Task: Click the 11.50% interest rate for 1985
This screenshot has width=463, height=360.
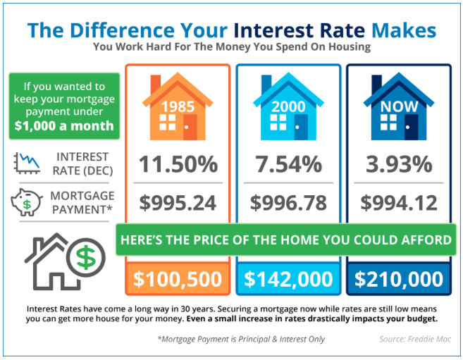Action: point(178,164)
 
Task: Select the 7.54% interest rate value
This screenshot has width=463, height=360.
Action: point(288,164)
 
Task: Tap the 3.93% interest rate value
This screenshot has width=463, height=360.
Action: point(399,164)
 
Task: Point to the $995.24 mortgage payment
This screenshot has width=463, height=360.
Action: point(178,203)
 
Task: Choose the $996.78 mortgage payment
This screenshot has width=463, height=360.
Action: point(288,203)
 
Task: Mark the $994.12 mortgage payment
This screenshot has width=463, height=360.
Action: point(399,203)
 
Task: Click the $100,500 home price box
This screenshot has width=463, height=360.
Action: point(178,279)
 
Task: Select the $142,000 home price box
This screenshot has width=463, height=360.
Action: point(288,279)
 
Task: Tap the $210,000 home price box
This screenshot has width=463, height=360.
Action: point(399,279)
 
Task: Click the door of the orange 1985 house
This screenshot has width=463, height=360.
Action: point(190,128)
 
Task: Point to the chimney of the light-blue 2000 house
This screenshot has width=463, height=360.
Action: point(266,84)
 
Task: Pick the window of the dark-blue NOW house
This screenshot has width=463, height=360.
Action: point(388,123)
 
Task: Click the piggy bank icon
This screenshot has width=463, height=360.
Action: point(27,202)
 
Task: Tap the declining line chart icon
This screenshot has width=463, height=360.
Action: point(27,163)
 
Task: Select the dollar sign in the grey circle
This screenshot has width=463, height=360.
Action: point(86,258)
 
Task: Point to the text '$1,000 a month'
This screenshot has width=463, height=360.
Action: point(64,125)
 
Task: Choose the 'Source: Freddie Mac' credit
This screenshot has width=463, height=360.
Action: point(415,339)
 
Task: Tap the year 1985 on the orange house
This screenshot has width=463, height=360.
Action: point(178,106)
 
